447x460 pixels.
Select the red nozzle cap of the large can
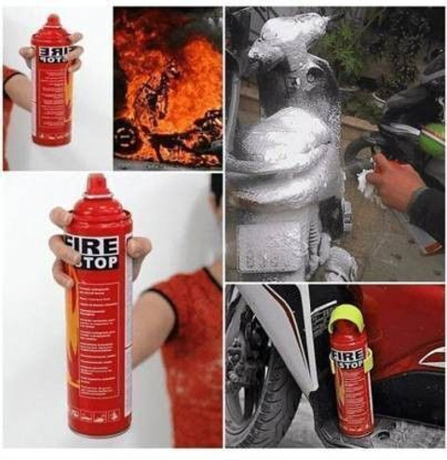tap(96, 186)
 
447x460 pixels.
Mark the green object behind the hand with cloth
tap(430, 140)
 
